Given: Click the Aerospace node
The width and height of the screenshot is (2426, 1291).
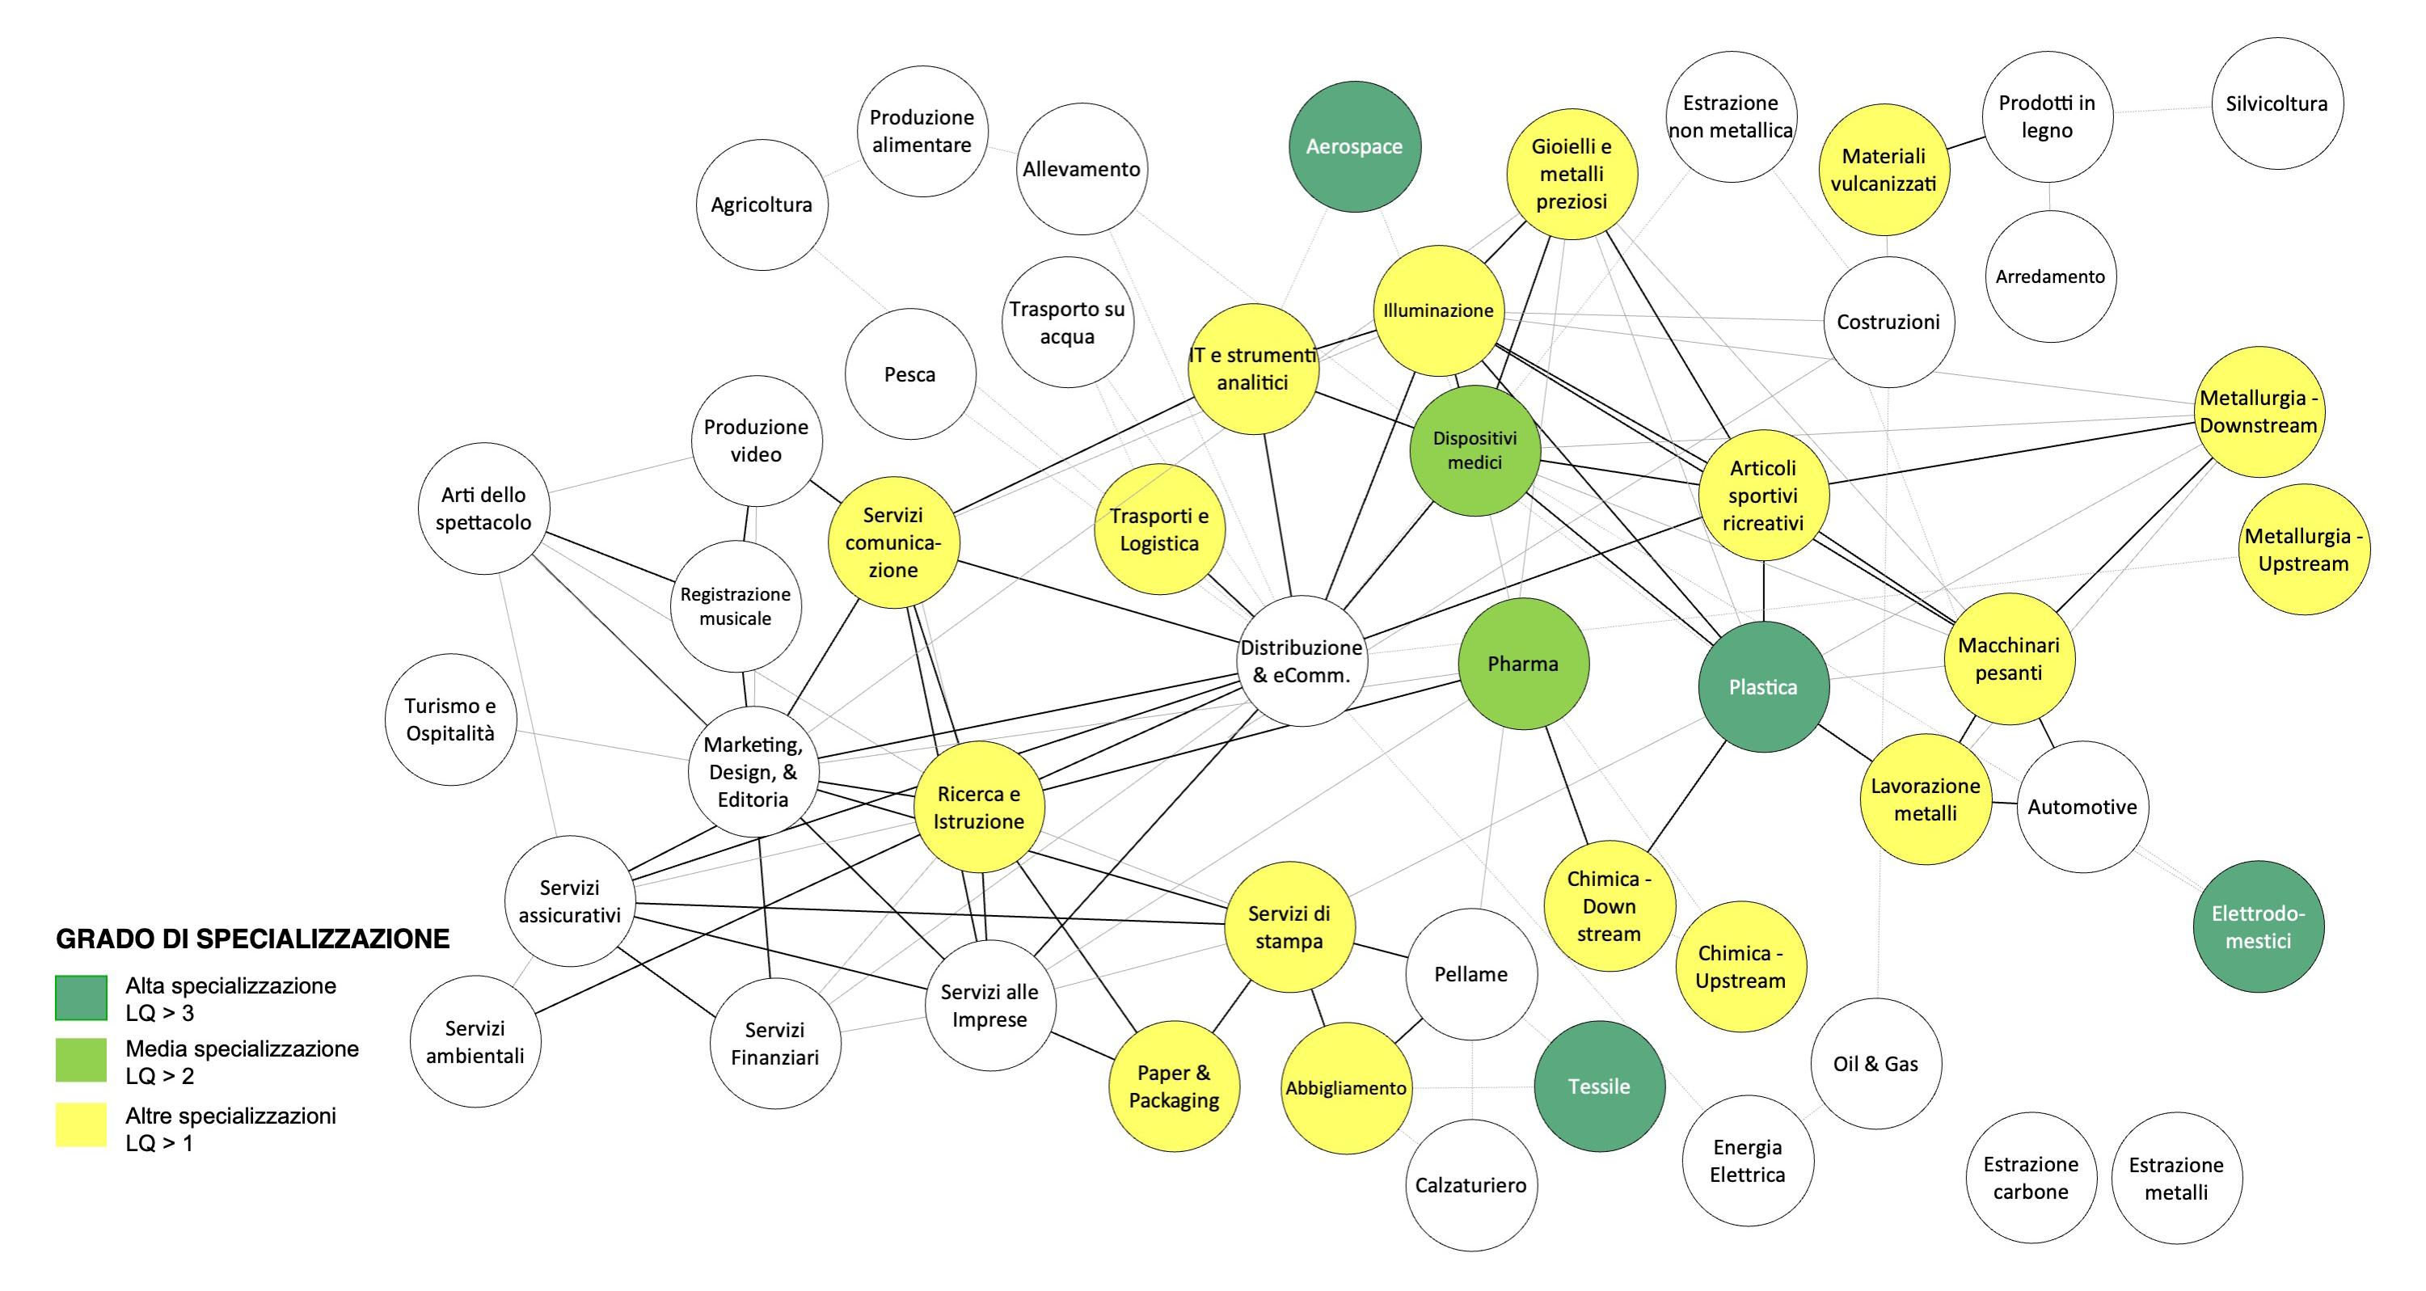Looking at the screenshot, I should [1354, 146].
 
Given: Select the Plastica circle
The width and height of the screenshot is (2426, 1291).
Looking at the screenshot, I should [1763, 686].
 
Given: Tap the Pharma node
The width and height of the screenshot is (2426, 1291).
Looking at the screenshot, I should [1523, 663].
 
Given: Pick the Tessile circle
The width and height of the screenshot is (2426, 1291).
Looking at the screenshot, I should [1599, 1086].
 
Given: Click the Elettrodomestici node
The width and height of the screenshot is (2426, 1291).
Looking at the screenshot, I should [2259, 926].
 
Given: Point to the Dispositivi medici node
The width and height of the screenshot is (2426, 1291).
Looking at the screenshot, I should [1475, 450].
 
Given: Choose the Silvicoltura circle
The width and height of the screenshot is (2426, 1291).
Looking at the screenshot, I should [2276, 103].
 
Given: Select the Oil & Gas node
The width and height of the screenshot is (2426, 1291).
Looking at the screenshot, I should [1875, 1063].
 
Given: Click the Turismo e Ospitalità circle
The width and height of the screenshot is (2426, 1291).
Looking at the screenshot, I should [450, 719].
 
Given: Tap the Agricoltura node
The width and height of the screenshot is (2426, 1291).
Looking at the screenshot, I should [761, 205].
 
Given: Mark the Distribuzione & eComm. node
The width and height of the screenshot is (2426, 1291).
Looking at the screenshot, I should [1302, 661].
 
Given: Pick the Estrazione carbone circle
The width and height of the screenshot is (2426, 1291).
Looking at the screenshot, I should [2031, 1177].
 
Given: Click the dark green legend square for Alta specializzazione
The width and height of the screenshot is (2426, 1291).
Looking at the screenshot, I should [81, 998].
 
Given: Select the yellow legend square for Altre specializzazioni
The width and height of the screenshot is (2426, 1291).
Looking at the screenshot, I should [81, 1125].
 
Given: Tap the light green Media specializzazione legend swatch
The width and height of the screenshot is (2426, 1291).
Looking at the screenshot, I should [81, 1061].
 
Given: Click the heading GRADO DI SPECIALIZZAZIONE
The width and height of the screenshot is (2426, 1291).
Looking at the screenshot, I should [252, 939].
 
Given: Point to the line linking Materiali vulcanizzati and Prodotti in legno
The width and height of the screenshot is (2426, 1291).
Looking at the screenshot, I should [1966, 142].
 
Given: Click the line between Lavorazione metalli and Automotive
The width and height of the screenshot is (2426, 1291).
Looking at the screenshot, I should [2004, 804].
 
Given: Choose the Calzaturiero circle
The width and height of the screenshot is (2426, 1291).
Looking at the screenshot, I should [1470, 1184].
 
